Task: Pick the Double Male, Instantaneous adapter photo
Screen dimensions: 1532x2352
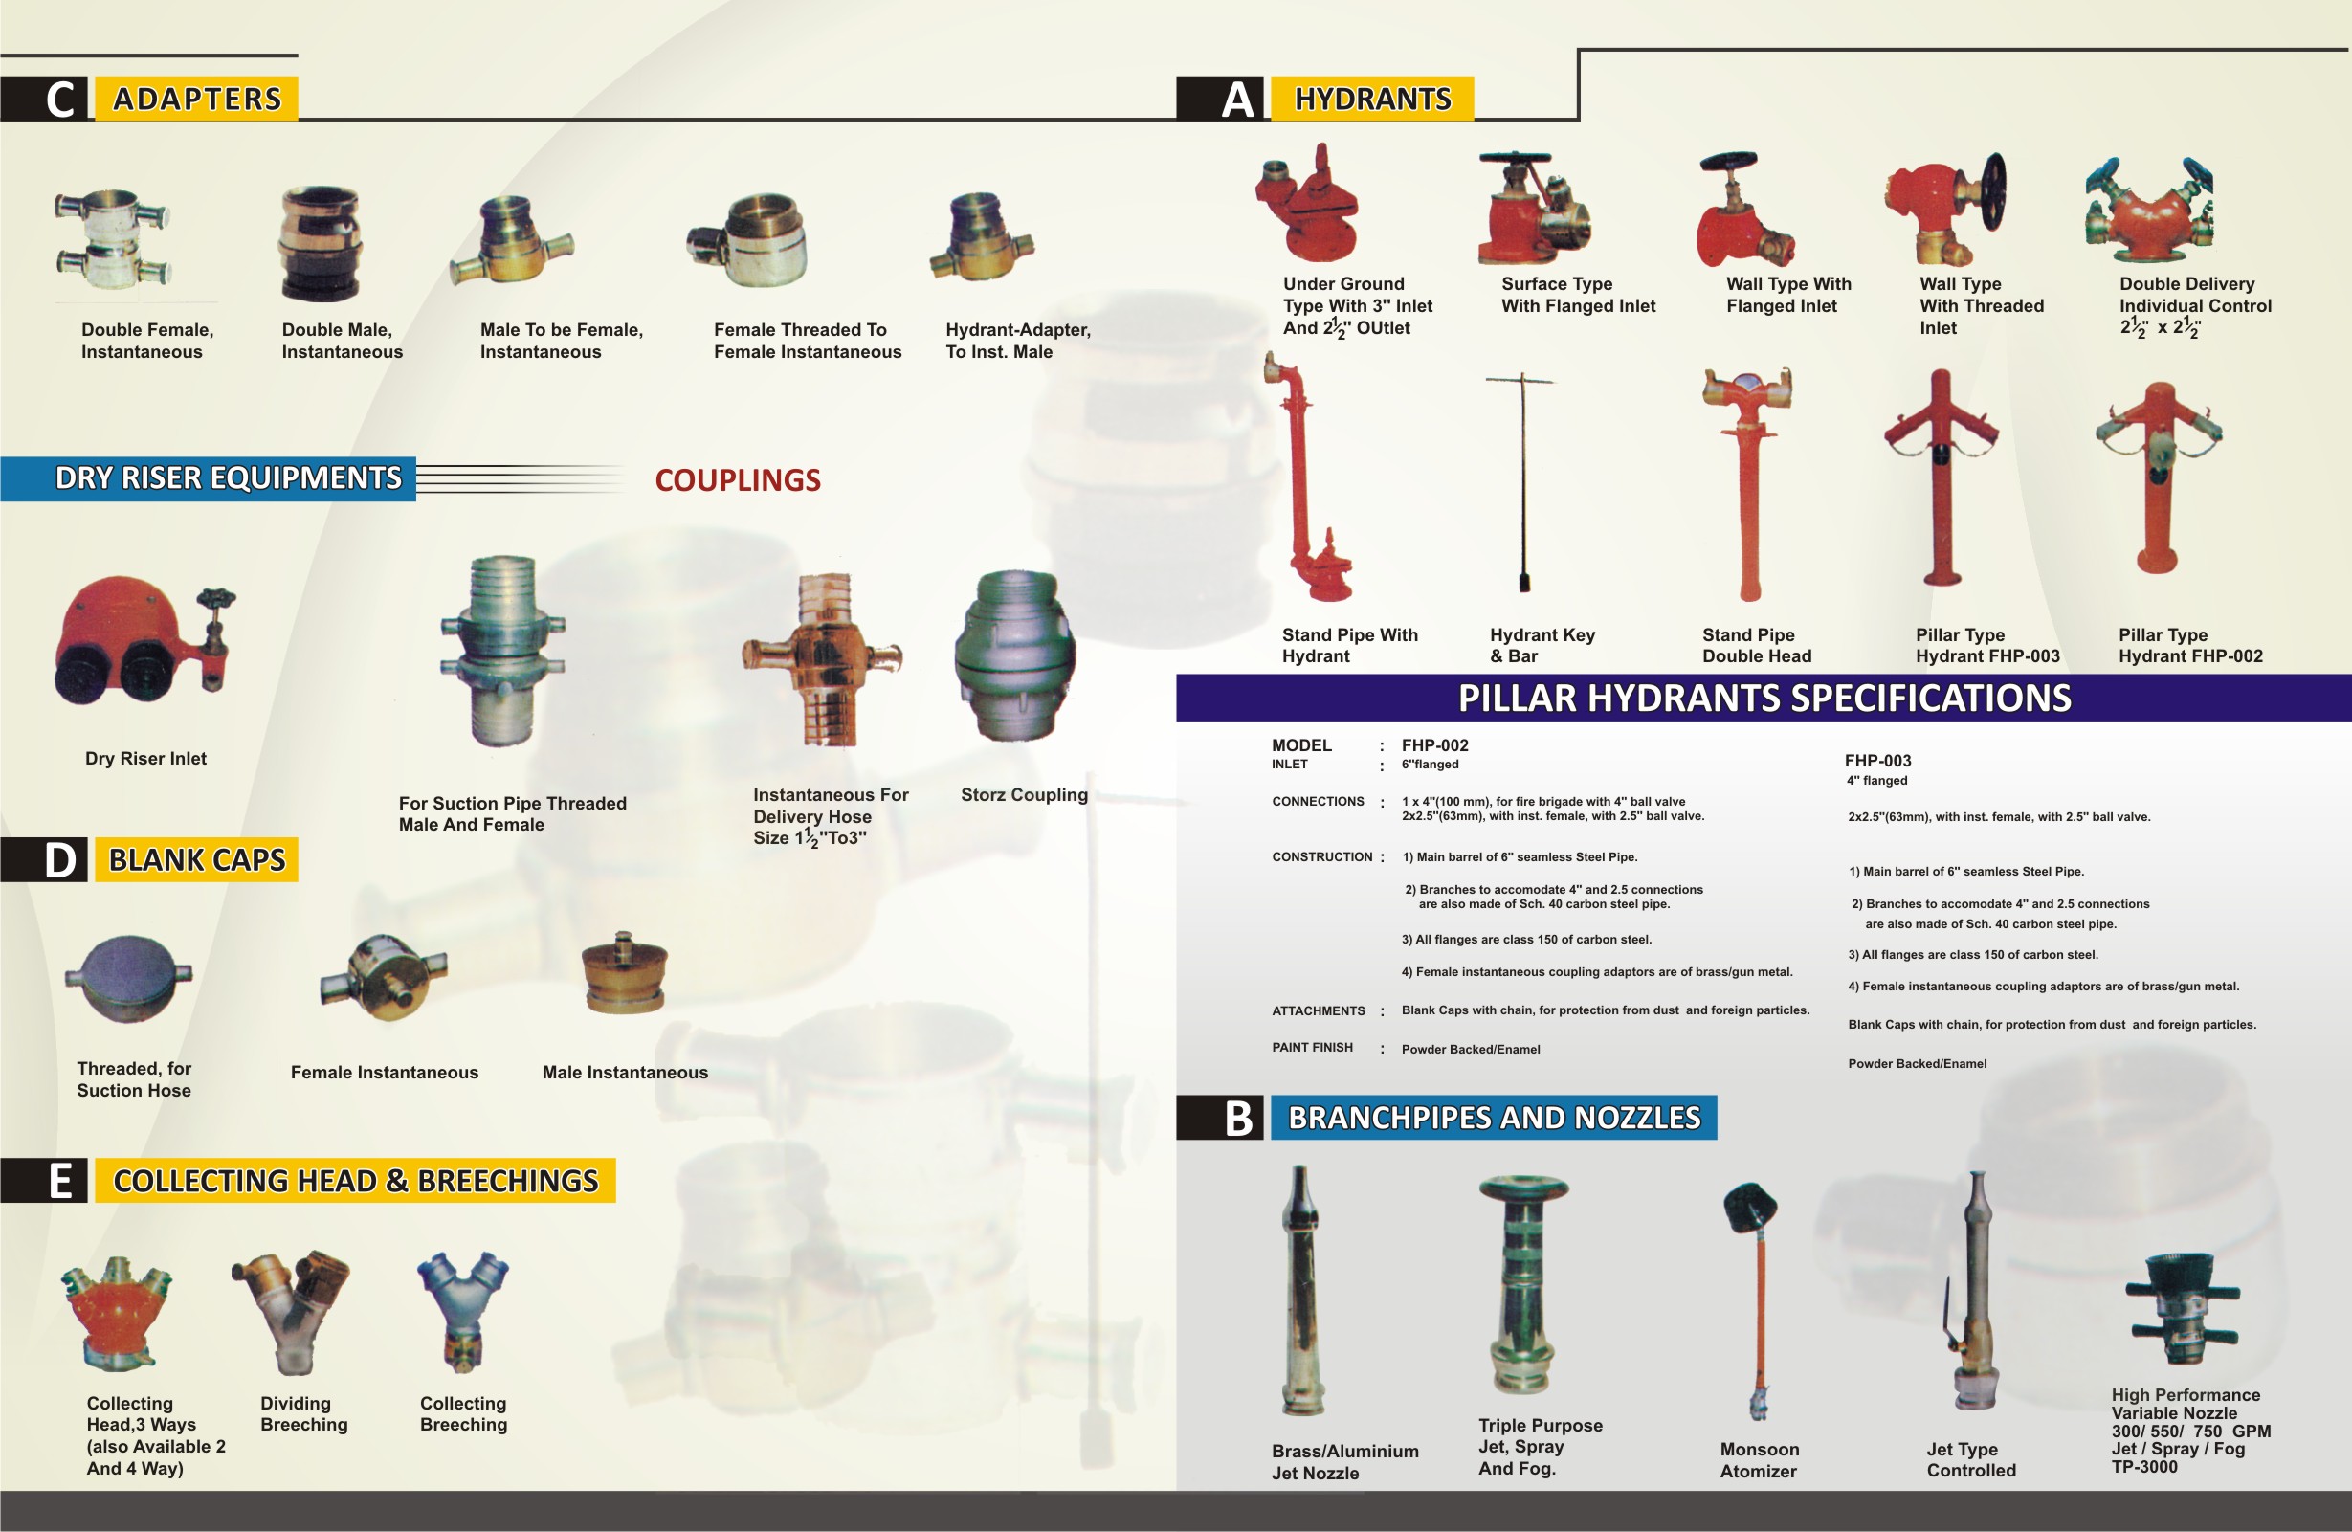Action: [x=320, y=243]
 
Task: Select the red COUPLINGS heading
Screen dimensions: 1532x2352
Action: [x=737, y=480]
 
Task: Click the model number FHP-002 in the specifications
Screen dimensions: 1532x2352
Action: [x=1434, y=745]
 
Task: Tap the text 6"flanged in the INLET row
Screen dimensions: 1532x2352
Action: [x=1429, y=764]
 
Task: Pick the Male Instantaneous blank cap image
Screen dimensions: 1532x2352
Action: [x=625, y=973]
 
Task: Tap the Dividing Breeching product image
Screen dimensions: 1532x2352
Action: [x=293, y=1311]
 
